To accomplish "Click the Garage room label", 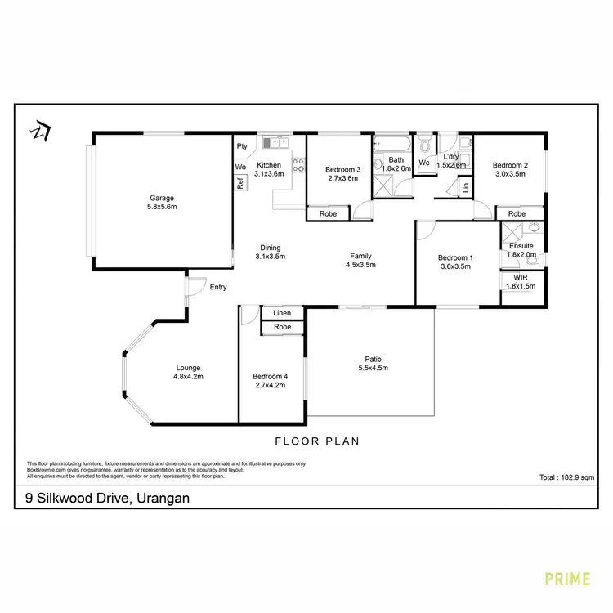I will tap(161, 198).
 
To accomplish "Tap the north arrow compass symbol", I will tap(38, 130).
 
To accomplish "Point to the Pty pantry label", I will tap(241, 146).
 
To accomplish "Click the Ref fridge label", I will tap(240, 184).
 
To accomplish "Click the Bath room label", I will tap(396, 160).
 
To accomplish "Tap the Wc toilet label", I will tap(423, 162).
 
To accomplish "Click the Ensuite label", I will tap(521, 245).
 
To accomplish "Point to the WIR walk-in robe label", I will tap(521, 277).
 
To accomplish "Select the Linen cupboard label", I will tap(282, 313).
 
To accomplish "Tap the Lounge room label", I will tap(187, 368).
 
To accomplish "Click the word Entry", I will tap(218, 287).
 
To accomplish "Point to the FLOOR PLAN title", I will tap(317, 441).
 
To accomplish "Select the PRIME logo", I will tap(567, 579).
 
